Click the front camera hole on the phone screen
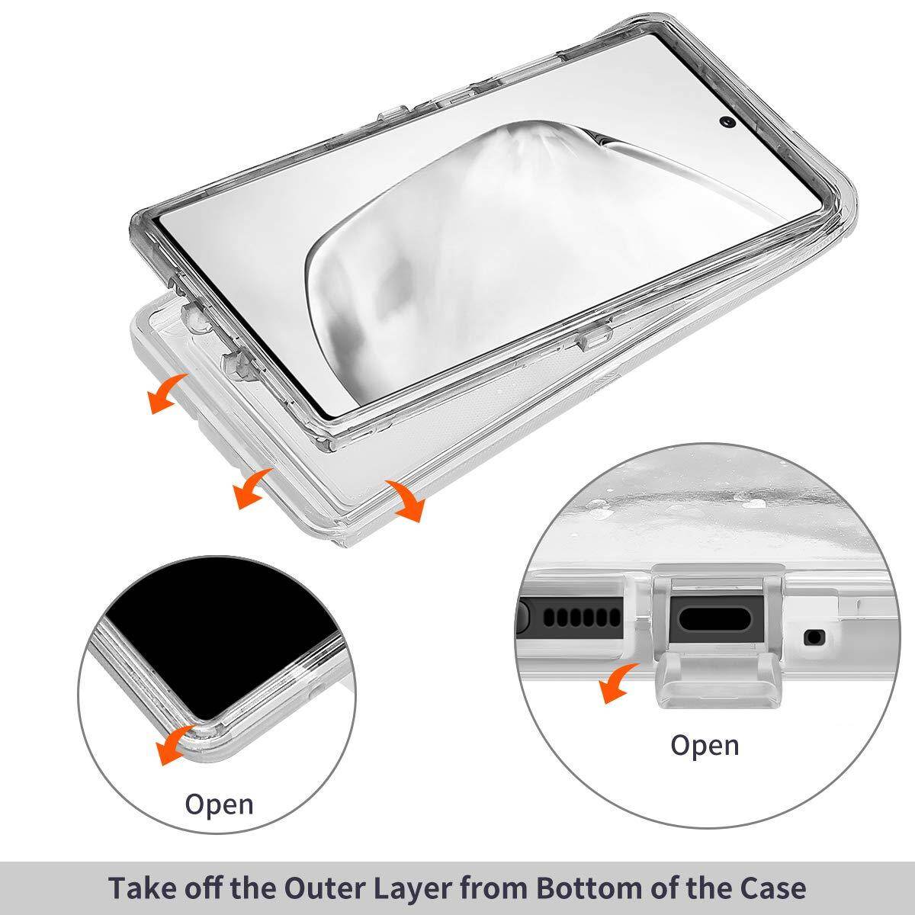coord(728,122)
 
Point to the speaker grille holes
coord(582,617)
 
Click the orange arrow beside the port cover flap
coord(617,682)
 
